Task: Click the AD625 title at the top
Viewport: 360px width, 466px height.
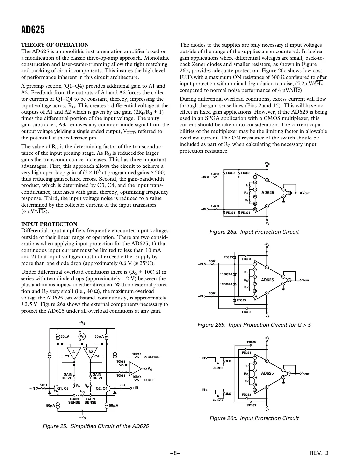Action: [33, 30]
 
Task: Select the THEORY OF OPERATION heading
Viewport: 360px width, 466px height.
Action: [55, 45]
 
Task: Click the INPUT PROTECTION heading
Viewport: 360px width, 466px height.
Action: [49, 224]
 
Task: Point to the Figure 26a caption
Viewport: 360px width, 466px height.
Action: [254, 232]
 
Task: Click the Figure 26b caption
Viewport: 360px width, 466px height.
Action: [254, 325]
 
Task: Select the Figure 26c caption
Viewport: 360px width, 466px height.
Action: [254, 418]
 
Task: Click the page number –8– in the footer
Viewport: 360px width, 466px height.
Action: [175, 453]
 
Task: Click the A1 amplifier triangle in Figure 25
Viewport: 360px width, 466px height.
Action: [75, 353]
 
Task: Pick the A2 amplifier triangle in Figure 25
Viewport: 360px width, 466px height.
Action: [91, 353]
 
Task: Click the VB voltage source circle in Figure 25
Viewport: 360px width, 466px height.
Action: [82, 337]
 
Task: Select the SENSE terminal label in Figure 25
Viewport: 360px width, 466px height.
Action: [153, 357]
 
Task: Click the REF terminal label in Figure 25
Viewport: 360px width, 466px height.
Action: [151, 380]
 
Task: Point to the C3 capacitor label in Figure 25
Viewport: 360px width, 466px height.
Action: [67, 356]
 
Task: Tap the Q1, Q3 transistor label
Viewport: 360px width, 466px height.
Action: [63, 388]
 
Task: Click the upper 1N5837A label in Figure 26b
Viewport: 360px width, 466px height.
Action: [226, 274]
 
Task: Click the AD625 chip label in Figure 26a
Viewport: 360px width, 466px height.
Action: [268, 193]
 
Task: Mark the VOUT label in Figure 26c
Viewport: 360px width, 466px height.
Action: [306, 374]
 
